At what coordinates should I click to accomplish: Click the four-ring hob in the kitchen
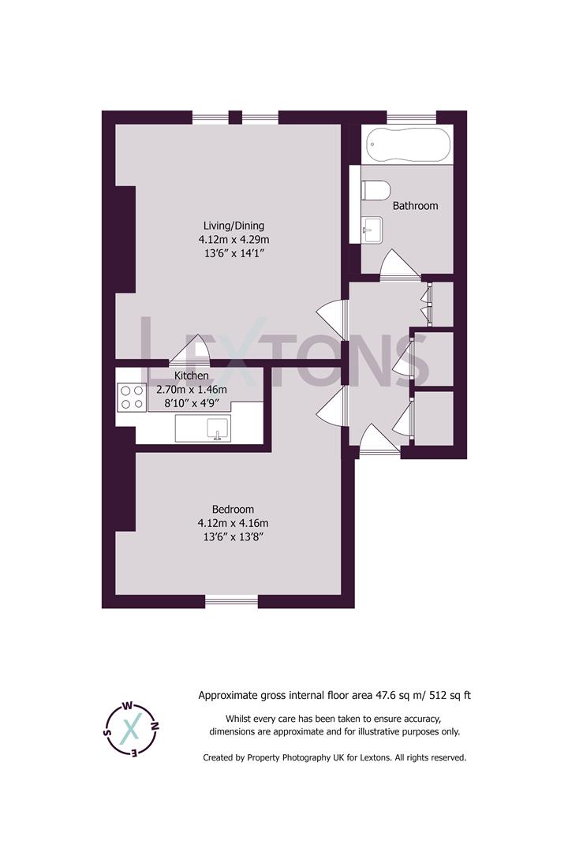(132, 396)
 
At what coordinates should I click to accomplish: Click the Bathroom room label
(415, 206)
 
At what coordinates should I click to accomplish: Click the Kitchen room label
(192, 376)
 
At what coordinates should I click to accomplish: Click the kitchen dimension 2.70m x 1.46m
(192, 390)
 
